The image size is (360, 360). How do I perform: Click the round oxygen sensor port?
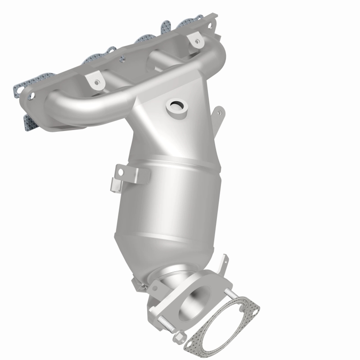177,106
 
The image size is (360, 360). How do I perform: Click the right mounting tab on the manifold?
196,40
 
